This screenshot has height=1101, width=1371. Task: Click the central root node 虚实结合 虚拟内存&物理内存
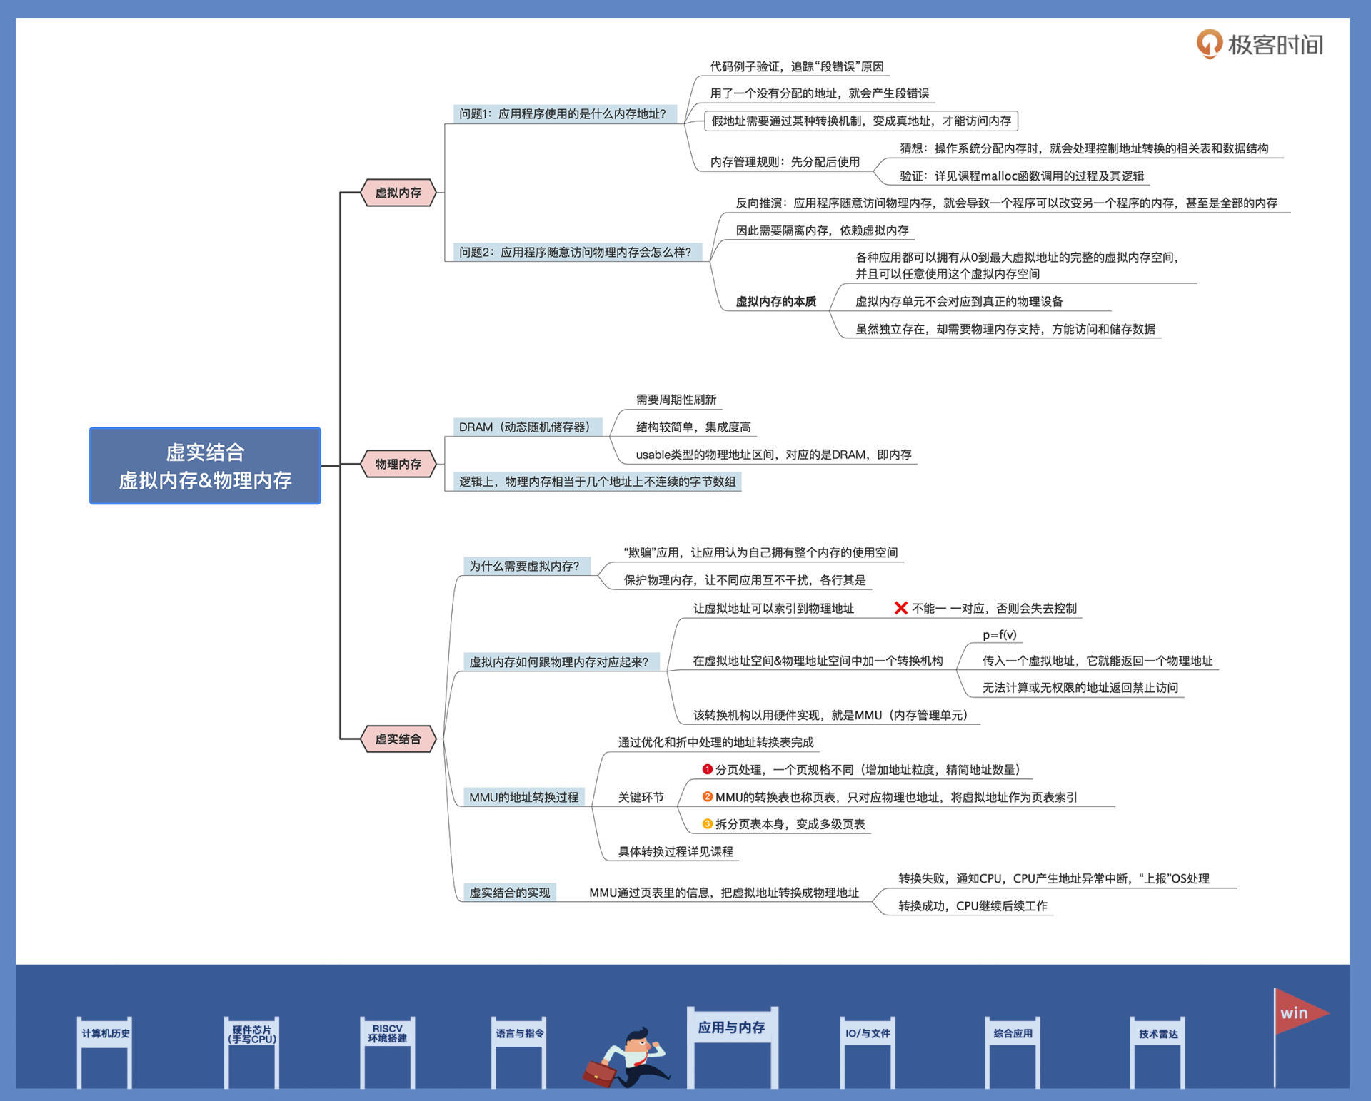(205, 466)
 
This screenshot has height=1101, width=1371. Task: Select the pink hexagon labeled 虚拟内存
(398, 193)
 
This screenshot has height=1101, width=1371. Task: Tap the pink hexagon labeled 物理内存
(398, 464)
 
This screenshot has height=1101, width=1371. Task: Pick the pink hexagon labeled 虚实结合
(398, 739)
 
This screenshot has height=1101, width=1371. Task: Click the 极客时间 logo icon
(1209, 44)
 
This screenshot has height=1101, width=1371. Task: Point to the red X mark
(901, 608)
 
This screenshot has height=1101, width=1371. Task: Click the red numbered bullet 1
(707, 769)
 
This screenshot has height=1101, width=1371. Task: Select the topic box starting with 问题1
(563, 114)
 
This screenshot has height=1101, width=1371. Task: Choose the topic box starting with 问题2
(576, 252)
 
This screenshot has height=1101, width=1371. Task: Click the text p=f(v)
(999, 634)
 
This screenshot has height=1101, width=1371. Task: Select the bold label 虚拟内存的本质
(775, 301)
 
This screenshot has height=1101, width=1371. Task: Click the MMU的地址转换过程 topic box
(523, 797)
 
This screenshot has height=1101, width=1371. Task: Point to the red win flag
(1298, 1013)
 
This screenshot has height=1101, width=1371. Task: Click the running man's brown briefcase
(599, 1072)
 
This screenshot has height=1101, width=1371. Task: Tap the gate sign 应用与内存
(731, 1028)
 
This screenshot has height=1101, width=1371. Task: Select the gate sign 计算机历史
(106, 1033)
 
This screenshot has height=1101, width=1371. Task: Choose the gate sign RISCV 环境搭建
(387, 1033)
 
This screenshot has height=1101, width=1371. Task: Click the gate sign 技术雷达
(1157, 1033)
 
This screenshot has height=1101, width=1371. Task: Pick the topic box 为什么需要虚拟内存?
(525, 566)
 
